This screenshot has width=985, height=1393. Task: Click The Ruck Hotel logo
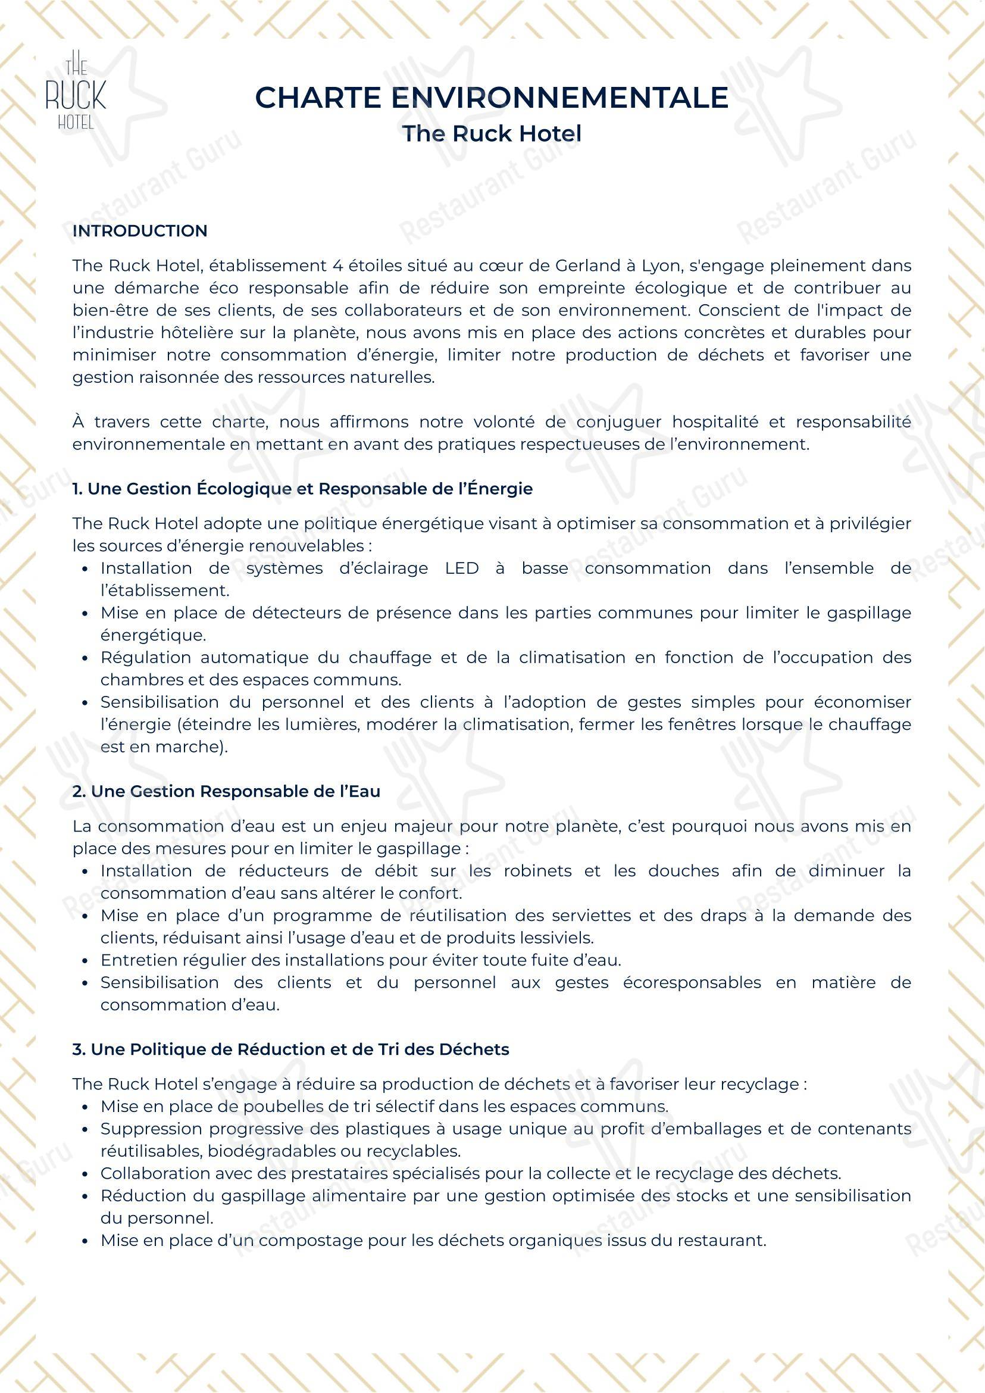[x=76, y=89]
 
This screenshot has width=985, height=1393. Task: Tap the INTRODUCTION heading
[x=139, y=231]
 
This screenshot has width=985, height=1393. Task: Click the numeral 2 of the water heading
[x=77, y=792]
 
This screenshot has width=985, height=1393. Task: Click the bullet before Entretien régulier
[x=86, y=960]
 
